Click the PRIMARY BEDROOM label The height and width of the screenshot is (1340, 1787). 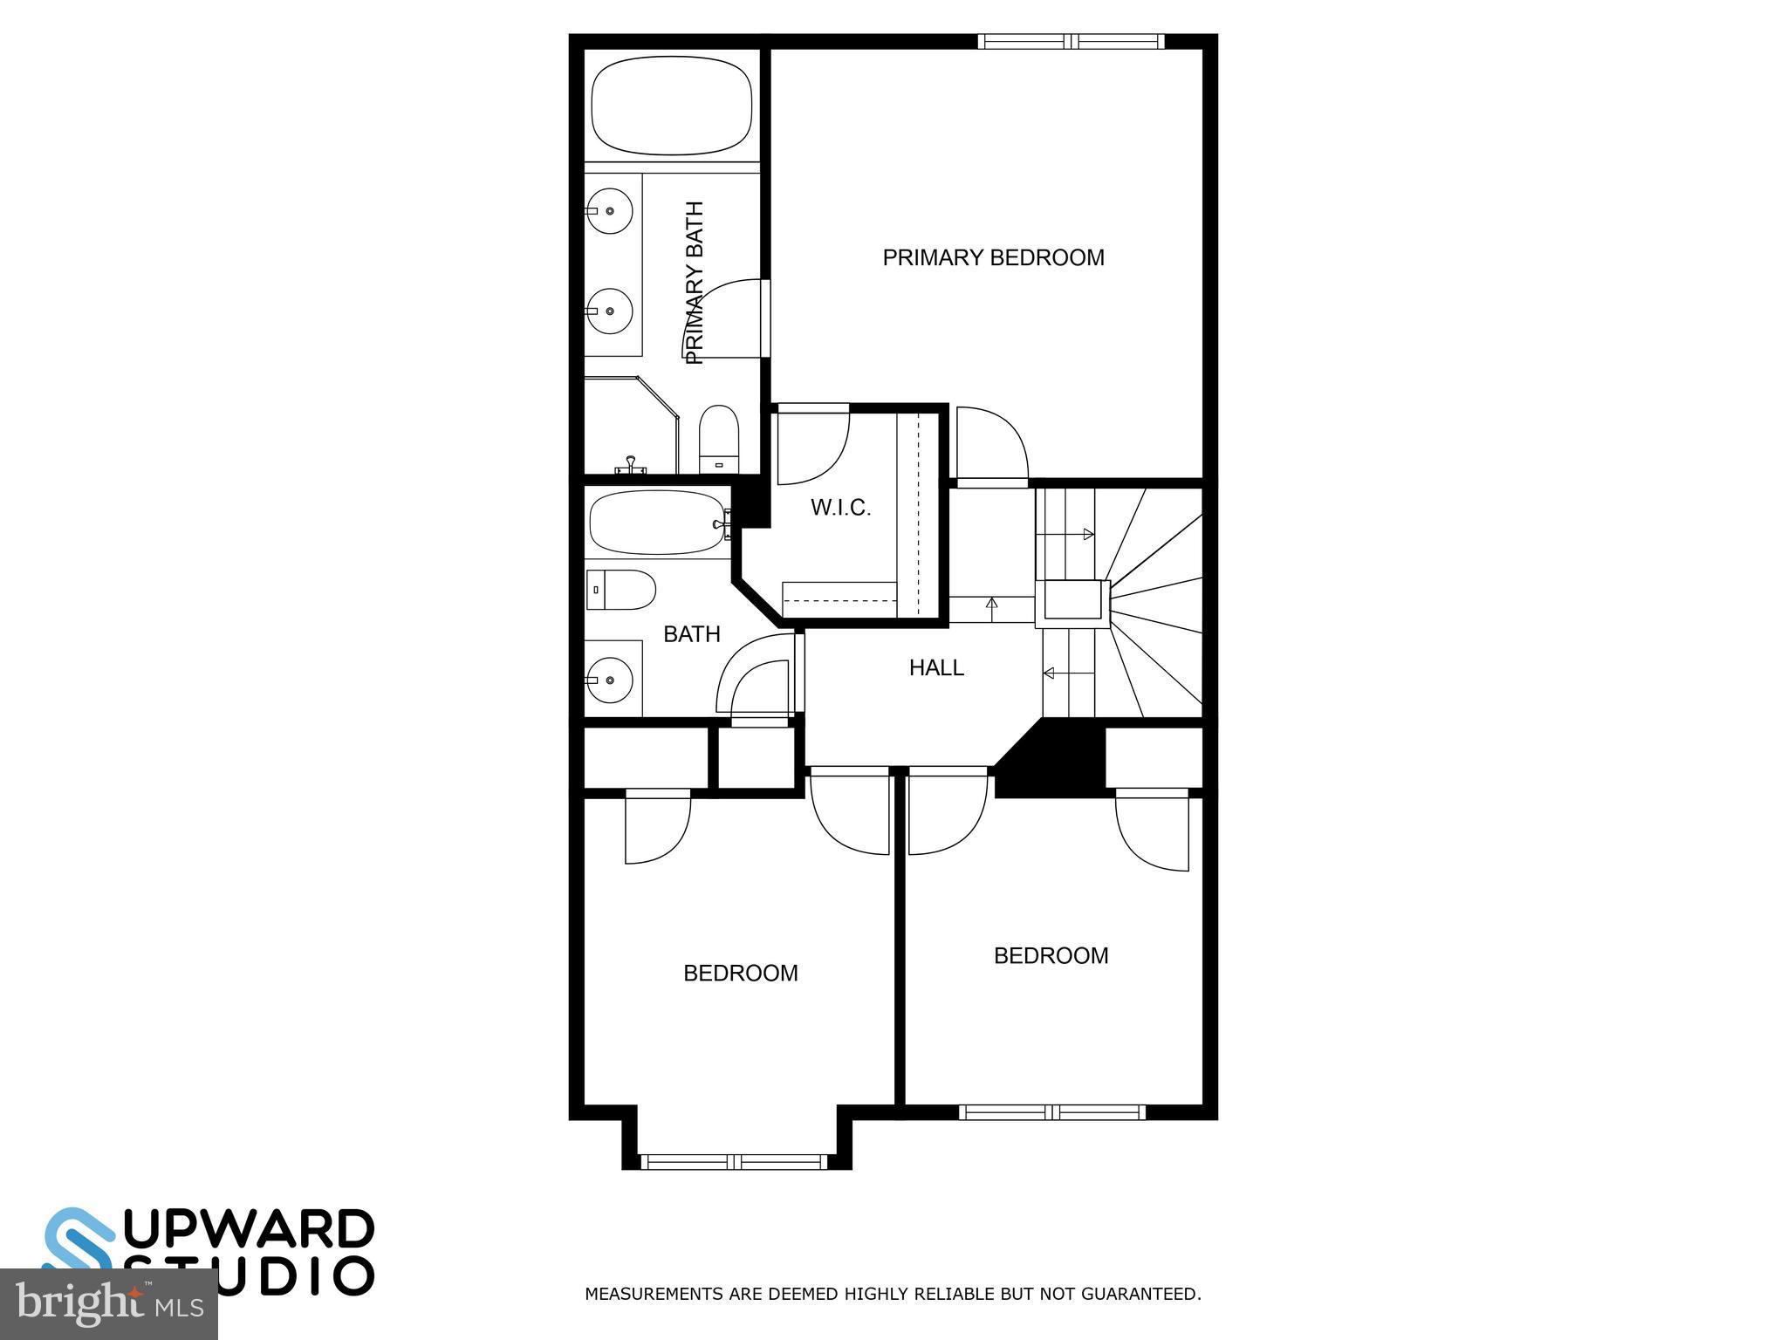pos(993,257)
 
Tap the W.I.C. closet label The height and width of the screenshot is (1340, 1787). pos(840,508)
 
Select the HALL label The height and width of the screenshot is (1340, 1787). pos(936,668)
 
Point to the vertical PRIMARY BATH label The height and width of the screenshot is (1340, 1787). pos(695,283)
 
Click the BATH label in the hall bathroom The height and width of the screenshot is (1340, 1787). pos(692,634)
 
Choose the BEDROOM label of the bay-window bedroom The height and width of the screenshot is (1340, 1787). pos(740,973)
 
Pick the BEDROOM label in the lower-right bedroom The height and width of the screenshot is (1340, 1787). pos(1051,955)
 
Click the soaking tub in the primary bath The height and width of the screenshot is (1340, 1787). pos(672,106)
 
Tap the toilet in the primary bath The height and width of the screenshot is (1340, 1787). pos(719,439)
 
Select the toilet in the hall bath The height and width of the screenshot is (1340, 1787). pos(620,591)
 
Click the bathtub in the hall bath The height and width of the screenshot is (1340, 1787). pos(656,523)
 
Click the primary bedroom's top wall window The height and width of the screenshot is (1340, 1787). pos(1071,41)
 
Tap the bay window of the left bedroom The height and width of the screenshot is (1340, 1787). pos(734,1161)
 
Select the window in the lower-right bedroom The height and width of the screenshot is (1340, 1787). pos(1051,1111)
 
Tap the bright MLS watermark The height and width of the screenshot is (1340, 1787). pos(108,1305)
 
